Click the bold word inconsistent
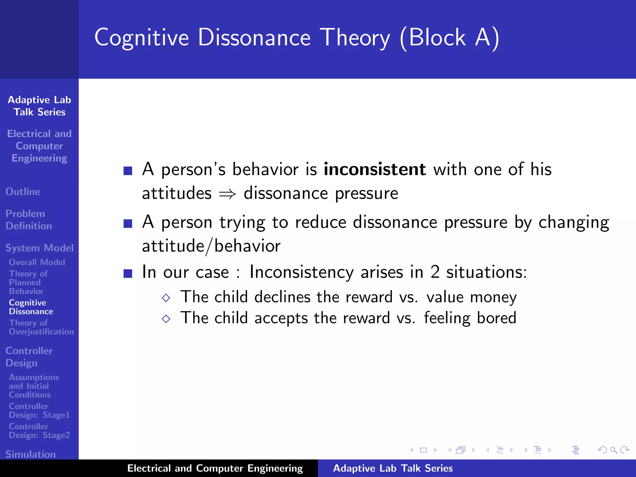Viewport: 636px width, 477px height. click(x=375, y=170)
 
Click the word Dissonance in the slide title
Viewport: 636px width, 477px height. click(x=254, y=38)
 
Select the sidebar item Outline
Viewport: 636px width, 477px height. click(x=23, y=192)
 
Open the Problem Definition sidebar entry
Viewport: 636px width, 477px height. click(x=29, y=220)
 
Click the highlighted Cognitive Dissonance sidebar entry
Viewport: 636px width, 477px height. click(x=31, y=307)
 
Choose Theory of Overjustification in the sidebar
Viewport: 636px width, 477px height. click(x=41, y=327)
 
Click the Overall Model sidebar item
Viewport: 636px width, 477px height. click(x=37, y=262)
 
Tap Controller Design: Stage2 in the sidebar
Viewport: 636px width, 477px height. click(x=39, y=431)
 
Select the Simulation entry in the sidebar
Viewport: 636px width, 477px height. click(x=30, y=454)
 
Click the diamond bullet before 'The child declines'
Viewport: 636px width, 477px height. click(x=166, y=298)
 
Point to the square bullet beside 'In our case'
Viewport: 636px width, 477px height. click(x=128, y=273)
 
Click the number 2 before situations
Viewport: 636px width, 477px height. click(x=435, y=272)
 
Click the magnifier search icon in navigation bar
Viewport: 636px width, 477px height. click(x=613, y=450)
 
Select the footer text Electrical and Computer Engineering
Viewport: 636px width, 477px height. click(x=215, y=468)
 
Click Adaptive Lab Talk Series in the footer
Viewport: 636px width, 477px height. click(x=393, y=468)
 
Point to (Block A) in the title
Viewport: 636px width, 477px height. click(x=449, y=38)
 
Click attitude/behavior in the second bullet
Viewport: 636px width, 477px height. click(x=211, y=246)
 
